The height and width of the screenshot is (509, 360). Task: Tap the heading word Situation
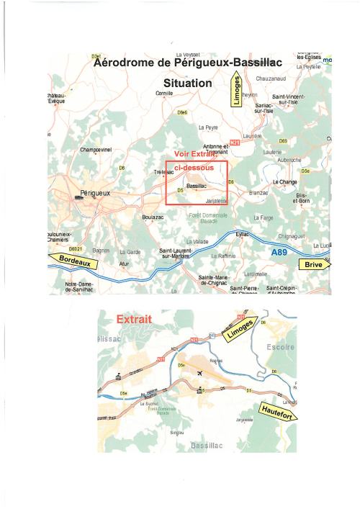point(188,84)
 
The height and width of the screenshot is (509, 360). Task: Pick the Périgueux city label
point(93,194)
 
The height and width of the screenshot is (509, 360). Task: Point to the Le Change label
point(285,183)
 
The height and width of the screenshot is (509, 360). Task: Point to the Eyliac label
point(242,234)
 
